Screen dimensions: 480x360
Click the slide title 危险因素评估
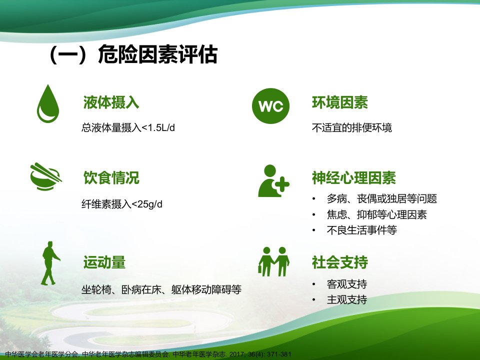point(157,54)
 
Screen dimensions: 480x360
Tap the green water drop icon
point(48,104)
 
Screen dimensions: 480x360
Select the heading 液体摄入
point(111,102)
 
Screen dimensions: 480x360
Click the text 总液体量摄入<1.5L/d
point(128,127)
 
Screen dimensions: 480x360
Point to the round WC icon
point(270,106)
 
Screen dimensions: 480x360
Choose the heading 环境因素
point(340,102)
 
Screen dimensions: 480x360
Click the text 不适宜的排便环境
point(351,127)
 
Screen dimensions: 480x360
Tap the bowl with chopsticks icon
point(46,176)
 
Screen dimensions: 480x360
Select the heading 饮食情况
point(111,178)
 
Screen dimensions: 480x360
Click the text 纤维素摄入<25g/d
point(122,204)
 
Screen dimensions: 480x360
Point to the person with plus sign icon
point(273,181)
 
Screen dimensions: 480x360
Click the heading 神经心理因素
point(354,178)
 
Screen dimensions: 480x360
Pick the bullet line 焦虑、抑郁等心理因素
point(376,214)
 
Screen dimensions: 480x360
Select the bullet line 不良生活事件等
point(362,230)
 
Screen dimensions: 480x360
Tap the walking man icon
point(50,263)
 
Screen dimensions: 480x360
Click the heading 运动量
point(104,262)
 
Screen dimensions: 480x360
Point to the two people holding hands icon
point(273,261)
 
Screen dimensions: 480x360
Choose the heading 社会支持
point(340,262)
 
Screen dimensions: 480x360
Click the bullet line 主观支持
point(347,299)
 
